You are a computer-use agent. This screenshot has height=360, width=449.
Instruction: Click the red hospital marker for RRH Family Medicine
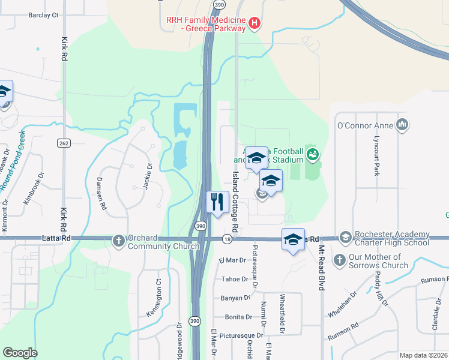[255, 23]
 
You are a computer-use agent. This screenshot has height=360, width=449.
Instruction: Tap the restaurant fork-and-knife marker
[217, 202]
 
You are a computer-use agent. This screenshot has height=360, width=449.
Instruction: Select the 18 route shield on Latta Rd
[226, 239]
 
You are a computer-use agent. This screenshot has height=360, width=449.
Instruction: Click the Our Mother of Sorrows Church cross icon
[339, 260]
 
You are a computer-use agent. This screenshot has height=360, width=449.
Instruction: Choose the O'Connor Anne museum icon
[402, 125]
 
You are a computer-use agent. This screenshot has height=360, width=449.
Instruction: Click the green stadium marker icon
[312, 155]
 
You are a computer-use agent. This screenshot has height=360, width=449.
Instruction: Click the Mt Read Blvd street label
[322, 268]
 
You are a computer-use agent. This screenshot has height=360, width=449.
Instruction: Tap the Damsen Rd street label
[103, 193]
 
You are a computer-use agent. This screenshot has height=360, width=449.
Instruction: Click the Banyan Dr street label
[235, 298]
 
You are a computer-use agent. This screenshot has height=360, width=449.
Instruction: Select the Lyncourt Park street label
[376, 158]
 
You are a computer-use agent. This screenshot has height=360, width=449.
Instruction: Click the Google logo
[20, 353]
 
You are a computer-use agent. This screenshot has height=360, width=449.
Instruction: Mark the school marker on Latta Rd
[293, 239]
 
